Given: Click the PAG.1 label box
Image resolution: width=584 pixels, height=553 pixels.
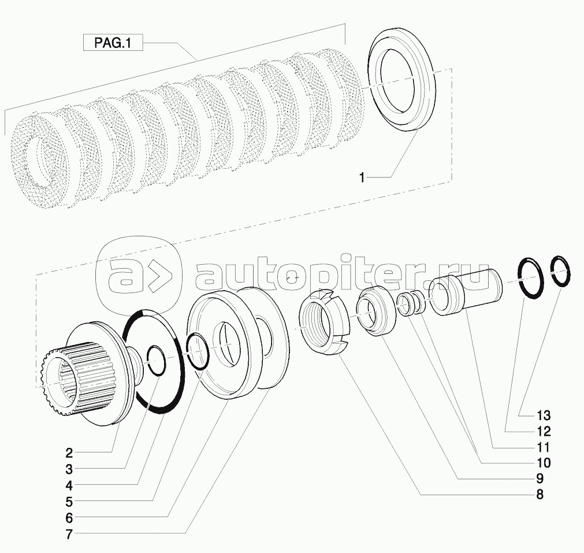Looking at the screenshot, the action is (x=113, y=43).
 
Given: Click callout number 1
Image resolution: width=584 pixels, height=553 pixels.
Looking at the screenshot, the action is (x=361, y=177).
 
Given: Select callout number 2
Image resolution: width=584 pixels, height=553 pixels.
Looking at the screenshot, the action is (x=69, y=453).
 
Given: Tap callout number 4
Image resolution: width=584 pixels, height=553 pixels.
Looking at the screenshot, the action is (x=69, y=485).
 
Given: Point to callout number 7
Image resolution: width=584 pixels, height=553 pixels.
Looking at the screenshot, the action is (x=69, y=535).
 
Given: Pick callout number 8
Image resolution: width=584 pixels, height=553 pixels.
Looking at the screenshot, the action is (x=540, y=495).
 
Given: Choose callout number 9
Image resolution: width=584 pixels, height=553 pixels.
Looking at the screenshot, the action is (x=540, y=478).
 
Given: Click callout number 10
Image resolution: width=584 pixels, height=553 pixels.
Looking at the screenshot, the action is (x=544, y=462).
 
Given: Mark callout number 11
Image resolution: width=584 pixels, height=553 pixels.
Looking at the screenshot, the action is (x=544, y=447).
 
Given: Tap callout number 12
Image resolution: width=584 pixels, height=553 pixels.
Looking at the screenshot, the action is (x=544, y=431).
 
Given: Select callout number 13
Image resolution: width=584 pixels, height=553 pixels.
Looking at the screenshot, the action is (x=544, y=415).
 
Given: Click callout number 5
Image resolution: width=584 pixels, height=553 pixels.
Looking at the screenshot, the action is (x=69, y=502).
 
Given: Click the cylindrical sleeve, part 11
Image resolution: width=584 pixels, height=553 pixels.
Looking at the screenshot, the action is (x=466, y=292).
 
